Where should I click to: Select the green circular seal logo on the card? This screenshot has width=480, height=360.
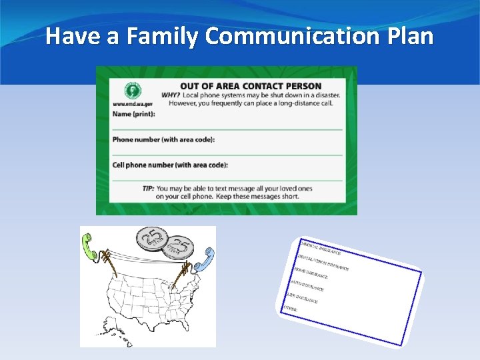[x=133, y=91]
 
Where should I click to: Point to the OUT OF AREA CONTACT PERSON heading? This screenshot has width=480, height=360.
[x=251, y=86]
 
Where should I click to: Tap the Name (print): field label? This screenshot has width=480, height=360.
[x=134, y=114]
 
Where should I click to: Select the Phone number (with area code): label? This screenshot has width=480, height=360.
[x=163, y=139]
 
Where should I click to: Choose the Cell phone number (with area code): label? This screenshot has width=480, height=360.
[x=170, y=165]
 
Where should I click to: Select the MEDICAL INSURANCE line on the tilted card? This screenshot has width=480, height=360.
[x=320, y=247]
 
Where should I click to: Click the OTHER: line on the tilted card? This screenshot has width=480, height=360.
[x=291, y=309]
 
